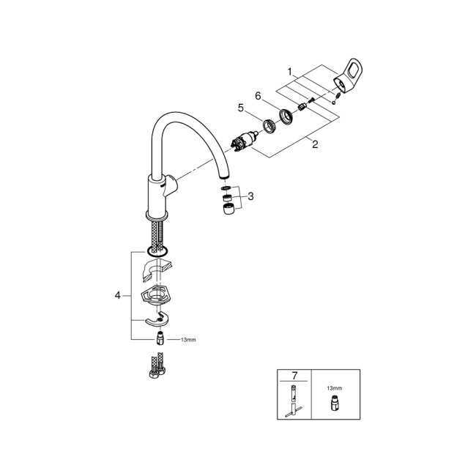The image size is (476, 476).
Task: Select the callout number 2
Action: pos(315,144)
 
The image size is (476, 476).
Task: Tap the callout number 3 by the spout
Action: pos(250,196)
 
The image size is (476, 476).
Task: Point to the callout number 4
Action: pos(118,296)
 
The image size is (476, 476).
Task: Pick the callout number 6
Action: pos(258,96)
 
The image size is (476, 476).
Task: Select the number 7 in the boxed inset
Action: pos(294,376)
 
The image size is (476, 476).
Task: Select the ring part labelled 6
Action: pos(285,115)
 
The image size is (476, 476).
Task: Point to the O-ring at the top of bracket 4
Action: pos(157,252)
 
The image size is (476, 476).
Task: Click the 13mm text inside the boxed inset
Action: pos(333,388)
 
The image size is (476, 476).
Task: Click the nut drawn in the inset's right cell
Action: pos(333,401)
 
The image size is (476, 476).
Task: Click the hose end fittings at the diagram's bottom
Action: pos(155,368)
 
